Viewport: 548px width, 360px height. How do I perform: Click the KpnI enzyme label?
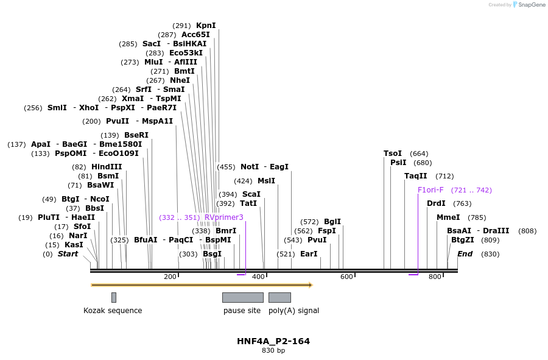tap(206, 26)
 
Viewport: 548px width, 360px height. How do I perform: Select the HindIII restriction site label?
tap(107, 167)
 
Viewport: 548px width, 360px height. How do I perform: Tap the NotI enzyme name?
tap(250, 167)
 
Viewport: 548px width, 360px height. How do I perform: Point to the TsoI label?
tap(393, 154)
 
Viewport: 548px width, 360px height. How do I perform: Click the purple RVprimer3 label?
tap(224, 217)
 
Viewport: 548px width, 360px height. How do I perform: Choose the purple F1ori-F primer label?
tap(430, 190)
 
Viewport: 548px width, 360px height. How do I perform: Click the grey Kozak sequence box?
tap(114, 297)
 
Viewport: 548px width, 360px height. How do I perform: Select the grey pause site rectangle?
tap(242, 297)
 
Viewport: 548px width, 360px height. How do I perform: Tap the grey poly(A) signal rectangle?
tap(279, 297)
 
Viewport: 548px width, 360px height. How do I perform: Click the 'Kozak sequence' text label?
tap(113, 311)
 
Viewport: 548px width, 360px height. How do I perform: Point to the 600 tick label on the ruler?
tap(346, 277)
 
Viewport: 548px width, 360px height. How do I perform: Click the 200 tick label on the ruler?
tap(170, 277)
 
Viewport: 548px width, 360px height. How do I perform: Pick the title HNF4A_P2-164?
tap(273, 341)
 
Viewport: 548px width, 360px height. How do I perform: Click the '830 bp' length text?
tap(273, 351)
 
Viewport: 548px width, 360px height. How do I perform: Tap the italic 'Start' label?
tap(68, 254)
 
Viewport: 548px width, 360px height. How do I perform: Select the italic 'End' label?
tap(465, 254)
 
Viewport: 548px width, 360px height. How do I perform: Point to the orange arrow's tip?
tap(311, 284)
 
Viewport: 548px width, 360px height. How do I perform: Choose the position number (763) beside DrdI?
tap(463, 203)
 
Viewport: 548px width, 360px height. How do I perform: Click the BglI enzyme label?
tap(332, 222)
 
